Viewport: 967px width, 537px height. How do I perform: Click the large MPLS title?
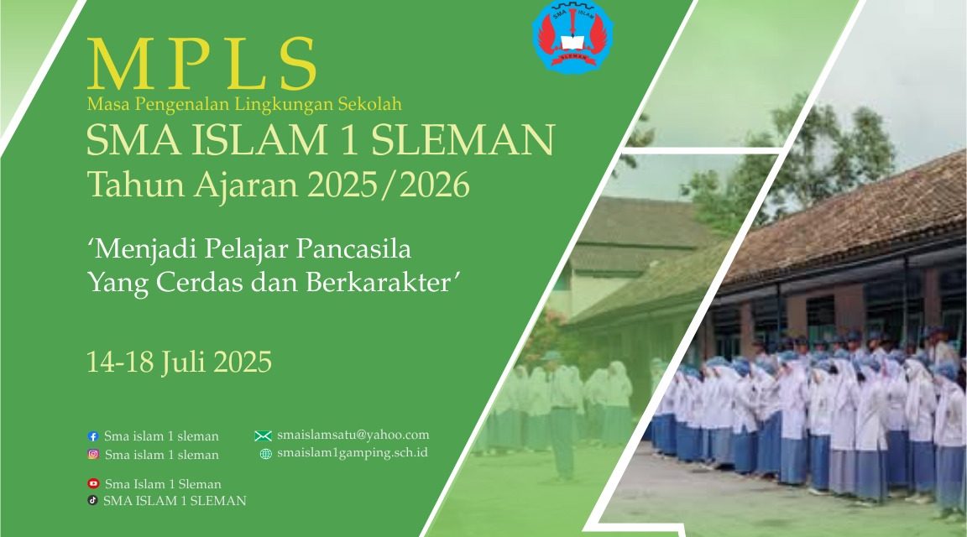click(x=202, y=65)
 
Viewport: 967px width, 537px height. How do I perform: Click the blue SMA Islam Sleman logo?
click(x=572, y=36)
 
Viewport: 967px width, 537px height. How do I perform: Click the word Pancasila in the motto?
click(x=363, y=249)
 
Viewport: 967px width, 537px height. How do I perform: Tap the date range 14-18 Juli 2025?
click(x=179, y=362)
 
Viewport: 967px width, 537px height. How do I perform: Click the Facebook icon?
click(x=93, y=436)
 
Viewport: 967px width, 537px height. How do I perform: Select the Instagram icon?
click(x=93, y=455)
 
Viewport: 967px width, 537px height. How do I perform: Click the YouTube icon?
click(x=93, y=484)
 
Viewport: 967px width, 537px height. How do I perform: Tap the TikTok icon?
click(x=93, y=501)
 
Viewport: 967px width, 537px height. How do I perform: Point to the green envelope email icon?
click(x=263, y=435)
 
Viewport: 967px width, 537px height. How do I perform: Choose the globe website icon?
click(x=265, y=454)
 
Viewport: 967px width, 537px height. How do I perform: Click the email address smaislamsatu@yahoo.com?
click(x=353, y=435)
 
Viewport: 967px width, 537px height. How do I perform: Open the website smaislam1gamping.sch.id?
click(x=353, y=453)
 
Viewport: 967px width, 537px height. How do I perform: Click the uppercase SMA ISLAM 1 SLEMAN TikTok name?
click(x=175, y=501)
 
